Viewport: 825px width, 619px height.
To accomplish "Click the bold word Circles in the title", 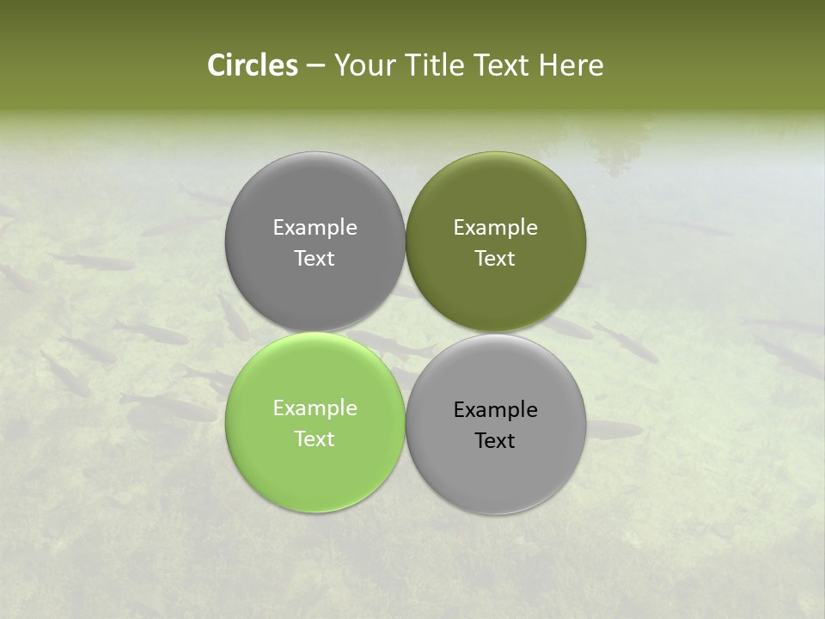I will (x=252, y=65).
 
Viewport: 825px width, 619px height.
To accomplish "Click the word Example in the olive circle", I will (x=496, y=228).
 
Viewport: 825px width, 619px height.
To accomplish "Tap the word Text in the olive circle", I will (x=496, y=259).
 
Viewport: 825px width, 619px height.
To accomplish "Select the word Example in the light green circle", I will (x=315, y=408).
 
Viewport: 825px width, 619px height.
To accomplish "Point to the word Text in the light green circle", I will (x=315, y=439).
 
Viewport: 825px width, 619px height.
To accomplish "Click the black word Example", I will (x=496, y=410).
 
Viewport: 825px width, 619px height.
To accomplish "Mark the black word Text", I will (x=496, y=441).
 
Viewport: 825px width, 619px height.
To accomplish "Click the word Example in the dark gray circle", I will (x=315, y=228).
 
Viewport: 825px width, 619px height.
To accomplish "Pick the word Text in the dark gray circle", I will (x=315, y=259).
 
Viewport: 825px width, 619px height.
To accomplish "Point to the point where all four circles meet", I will (x=406, y=333).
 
